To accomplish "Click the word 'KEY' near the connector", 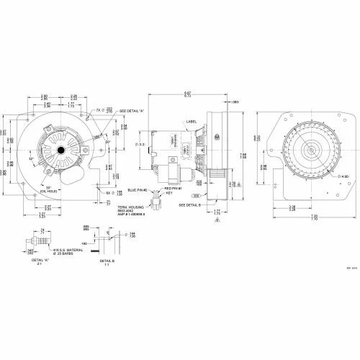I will pos(171,192).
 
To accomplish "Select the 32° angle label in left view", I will pos(32,158).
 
